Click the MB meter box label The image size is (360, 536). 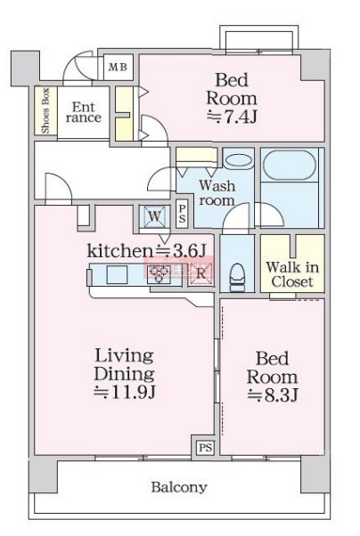click(118, 67)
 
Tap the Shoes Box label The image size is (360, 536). click(45, 110)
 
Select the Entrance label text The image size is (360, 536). click(84, 112)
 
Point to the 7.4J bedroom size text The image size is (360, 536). click(232, 117)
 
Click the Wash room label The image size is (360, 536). click(217, 193)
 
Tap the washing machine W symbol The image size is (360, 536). click(155, 216)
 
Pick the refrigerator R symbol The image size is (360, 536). click(200, 273)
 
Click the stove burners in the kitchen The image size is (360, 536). click(160, 274)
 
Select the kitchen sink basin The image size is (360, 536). click(117, 274)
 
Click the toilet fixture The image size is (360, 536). click(237, 277)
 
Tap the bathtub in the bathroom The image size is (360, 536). click(290, 165)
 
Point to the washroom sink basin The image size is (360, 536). click(239, 160)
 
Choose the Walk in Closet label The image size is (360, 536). click(292, 274)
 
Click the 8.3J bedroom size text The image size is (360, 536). click(273, 395)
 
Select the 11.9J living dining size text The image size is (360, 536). click(125, 392)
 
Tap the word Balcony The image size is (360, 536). click(179, 487)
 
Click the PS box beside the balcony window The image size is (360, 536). click(205, 448)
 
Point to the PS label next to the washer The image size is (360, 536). click(182, 214)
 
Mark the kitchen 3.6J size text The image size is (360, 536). click(180, 251)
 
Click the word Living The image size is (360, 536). click(124, 356)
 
